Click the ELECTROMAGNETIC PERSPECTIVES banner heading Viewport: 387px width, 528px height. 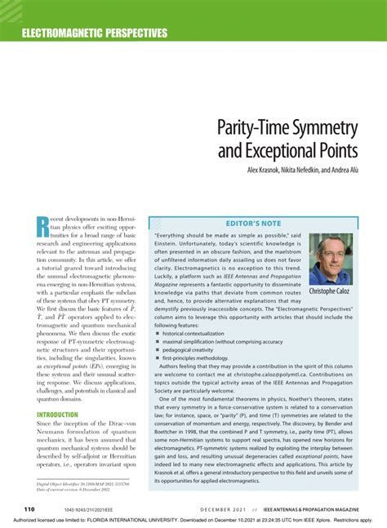[95, 33]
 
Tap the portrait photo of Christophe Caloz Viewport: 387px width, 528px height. [331, 259]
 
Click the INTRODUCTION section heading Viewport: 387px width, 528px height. [57, 415]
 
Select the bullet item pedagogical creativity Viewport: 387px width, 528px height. [193, 349]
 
